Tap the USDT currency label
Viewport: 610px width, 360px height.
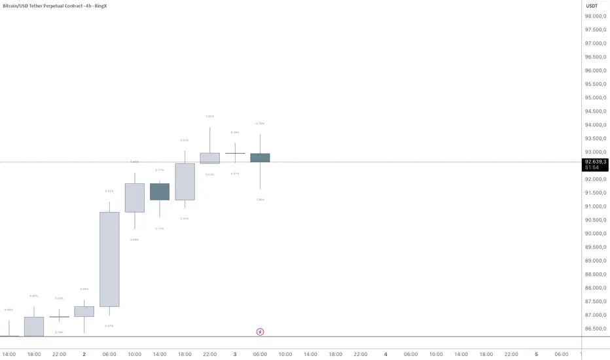(592, 6)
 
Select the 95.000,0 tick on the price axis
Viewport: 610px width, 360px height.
(596, 98)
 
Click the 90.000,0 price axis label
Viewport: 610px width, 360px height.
(596, 234)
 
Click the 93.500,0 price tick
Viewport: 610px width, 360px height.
(596, 138)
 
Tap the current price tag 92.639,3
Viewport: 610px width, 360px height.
(596, 161)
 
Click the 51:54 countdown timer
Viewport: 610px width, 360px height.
(592, 168)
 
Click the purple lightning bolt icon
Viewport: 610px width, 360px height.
(260, 332)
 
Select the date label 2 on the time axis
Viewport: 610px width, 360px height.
(84, 354)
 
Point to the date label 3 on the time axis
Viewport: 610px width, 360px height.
(234, 354)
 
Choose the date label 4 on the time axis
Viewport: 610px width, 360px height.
(386, 354)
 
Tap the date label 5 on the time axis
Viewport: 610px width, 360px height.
(536, 354)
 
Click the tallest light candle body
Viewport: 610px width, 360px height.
(109, 259)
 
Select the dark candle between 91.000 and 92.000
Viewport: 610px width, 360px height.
(160, 191)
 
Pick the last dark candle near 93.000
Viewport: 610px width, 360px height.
(260, 157)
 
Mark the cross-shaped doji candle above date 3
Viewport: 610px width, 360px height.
(235, 153)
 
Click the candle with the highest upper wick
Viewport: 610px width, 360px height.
(210, 158)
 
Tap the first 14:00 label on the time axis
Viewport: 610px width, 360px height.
(9, 354)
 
